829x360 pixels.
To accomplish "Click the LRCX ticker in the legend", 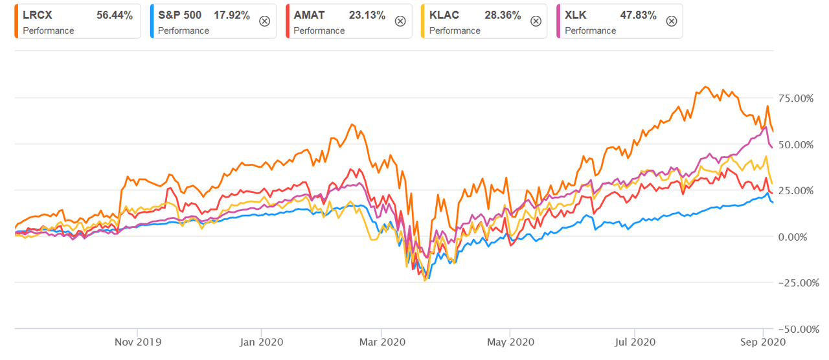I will pyautogui.click(x=37, y=16).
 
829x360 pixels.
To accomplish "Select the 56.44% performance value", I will pyautogui.click(x=114, y=16).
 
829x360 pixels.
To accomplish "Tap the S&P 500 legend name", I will pyautogui.click(x=179, y=16).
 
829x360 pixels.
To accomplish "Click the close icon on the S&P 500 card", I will pyautogui.click(x=264, y=21).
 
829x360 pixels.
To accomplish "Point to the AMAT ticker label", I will pyautogui.click(x=310, y=16).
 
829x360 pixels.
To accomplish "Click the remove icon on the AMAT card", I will pyautogui.click(x=400, y=21).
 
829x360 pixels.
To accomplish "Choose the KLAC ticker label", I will pyautogui.click(x=444, y=16).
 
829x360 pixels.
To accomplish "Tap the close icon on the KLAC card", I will pyautogui.click(x=536, y=21).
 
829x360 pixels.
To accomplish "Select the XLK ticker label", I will pyautogui.click(x=577, y=16).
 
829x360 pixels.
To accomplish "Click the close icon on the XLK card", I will pyautogui.click(x=672, y=21).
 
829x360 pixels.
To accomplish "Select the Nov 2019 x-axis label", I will pyautogui.click(x=137, y=341).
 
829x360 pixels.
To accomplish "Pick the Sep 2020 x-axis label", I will pyautogui.click(x=765, y=341).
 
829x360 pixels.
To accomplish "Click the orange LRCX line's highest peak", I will pyautogui.click(x=706, y=87).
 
